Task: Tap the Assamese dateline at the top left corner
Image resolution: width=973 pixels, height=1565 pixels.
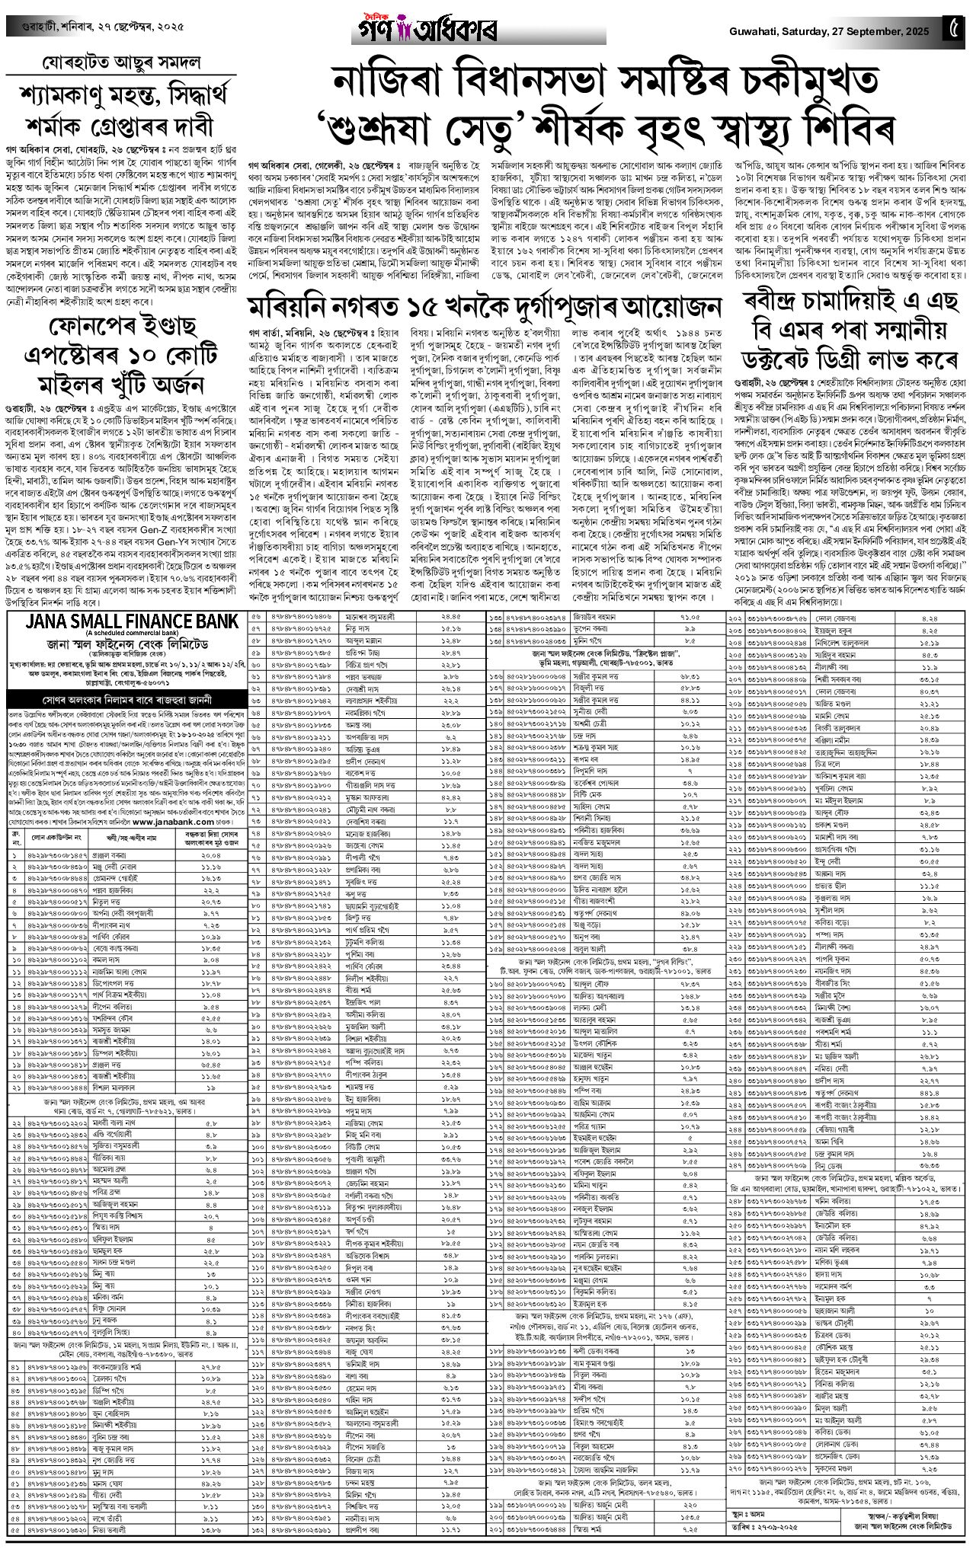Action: pos(91,30)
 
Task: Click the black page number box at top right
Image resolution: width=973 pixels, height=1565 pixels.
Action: pos(955,30)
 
